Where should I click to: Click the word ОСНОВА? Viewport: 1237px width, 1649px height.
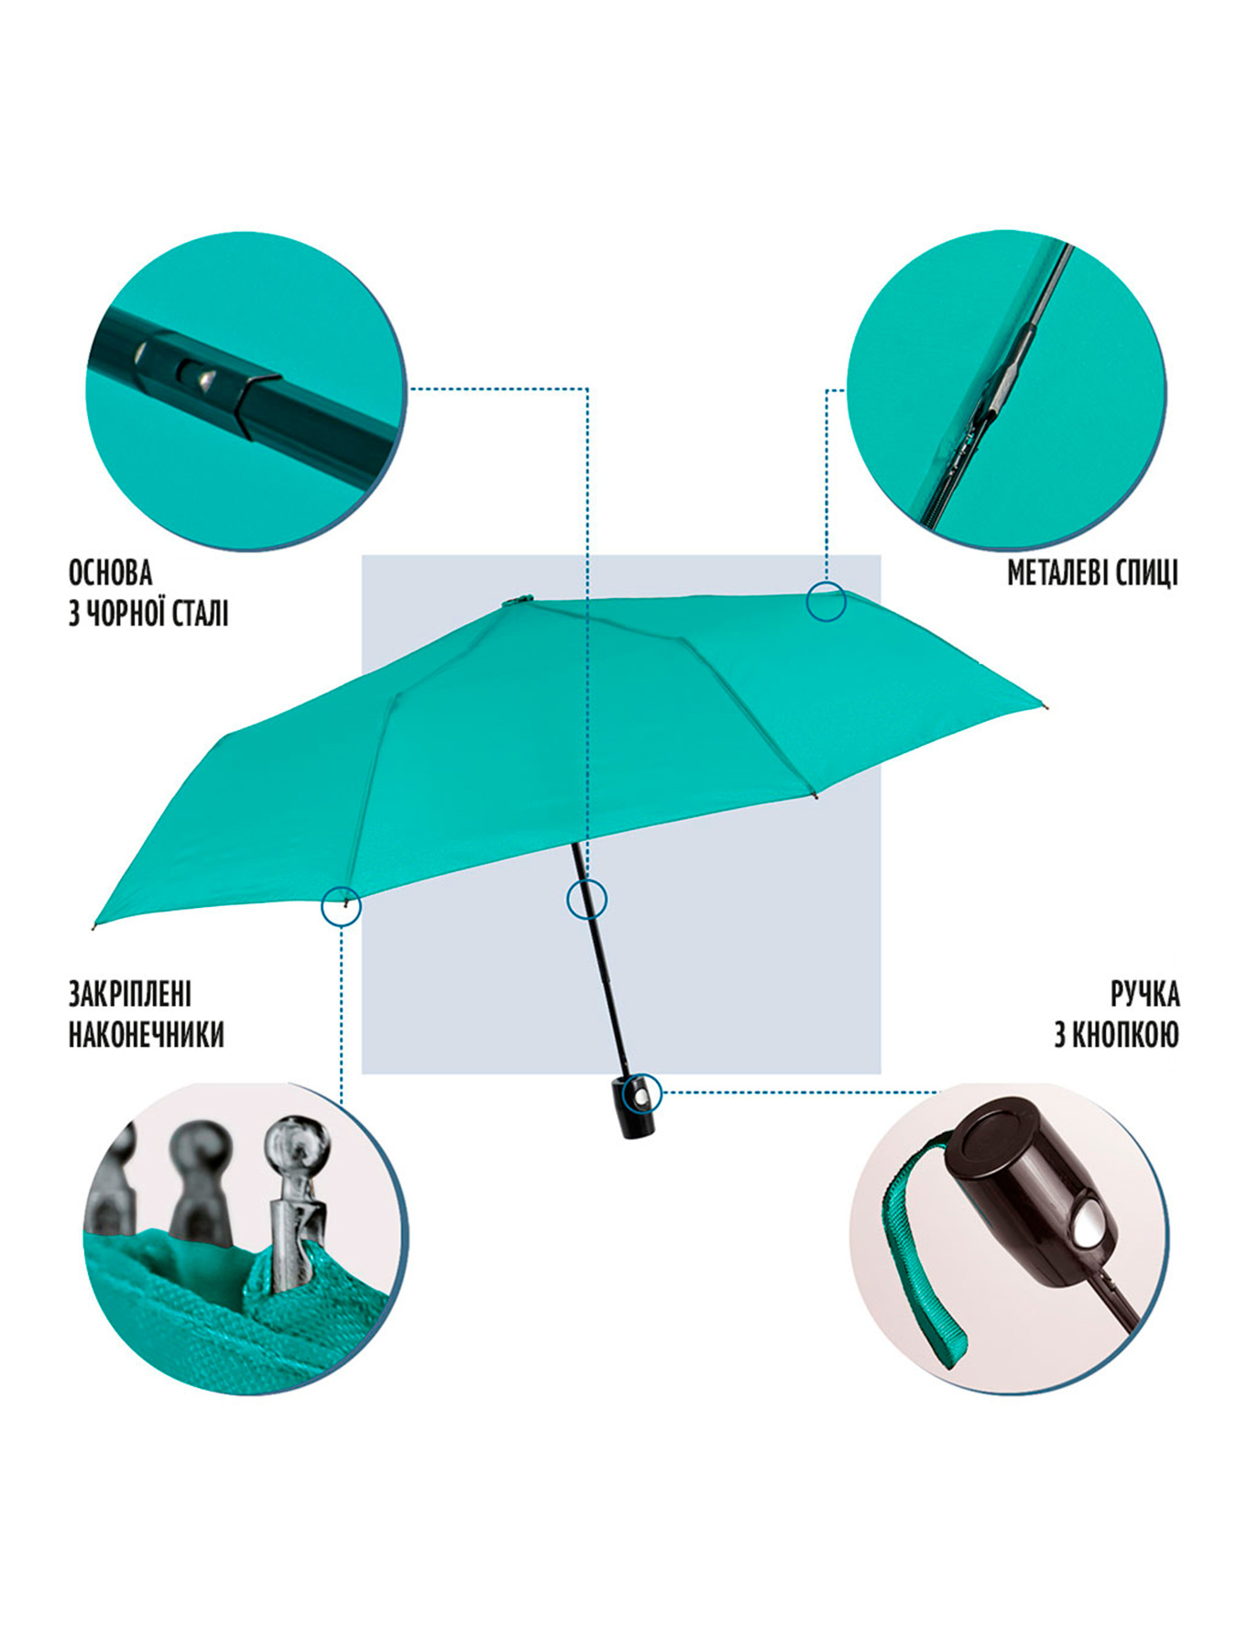point(110,573)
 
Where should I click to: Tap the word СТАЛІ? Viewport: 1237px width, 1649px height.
point(199,613)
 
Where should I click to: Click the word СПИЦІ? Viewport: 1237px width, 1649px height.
point(1146,574)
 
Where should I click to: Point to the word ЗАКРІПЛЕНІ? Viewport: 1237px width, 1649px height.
point(130,995)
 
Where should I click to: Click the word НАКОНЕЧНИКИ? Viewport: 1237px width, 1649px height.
point(147,1035)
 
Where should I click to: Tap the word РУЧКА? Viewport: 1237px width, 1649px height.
point(1145,995)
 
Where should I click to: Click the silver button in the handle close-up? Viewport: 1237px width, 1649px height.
point(1085,1224)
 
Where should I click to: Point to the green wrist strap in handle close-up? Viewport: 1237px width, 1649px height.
point(916,1264)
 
